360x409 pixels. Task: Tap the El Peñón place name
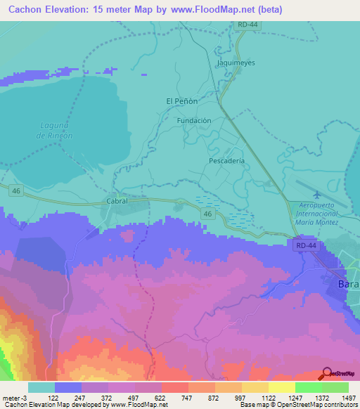coord(181,101)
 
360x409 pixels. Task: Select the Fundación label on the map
coord(194,121)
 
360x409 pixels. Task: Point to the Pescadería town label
coord(227,161)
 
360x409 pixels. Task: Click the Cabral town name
coord(117,201)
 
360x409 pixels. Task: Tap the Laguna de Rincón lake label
coord(54,130)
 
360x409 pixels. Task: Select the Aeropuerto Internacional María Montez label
coord(314,213)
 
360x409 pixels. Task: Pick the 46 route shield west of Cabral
coord(15,190)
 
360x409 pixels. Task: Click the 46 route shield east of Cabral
coord(207,213)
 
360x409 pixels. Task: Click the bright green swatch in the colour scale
coord(307,387)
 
